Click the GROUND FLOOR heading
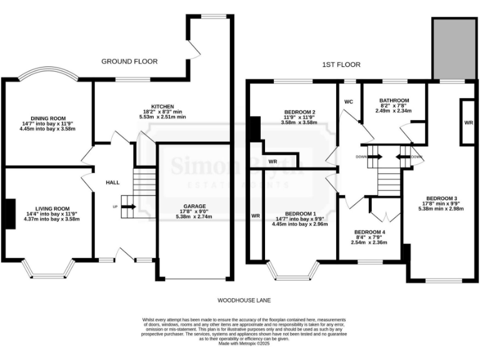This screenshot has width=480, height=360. pos(130,61)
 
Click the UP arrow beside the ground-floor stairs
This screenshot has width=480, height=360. pos(115,206)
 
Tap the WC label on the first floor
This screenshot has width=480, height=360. pos(349,101)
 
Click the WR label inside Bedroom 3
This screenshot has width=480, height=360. pos(468,123)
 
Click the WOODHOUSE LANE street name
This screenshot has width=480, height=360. pos(240,301)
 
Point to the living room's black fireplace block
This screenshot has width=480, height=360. pos(11,213)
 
